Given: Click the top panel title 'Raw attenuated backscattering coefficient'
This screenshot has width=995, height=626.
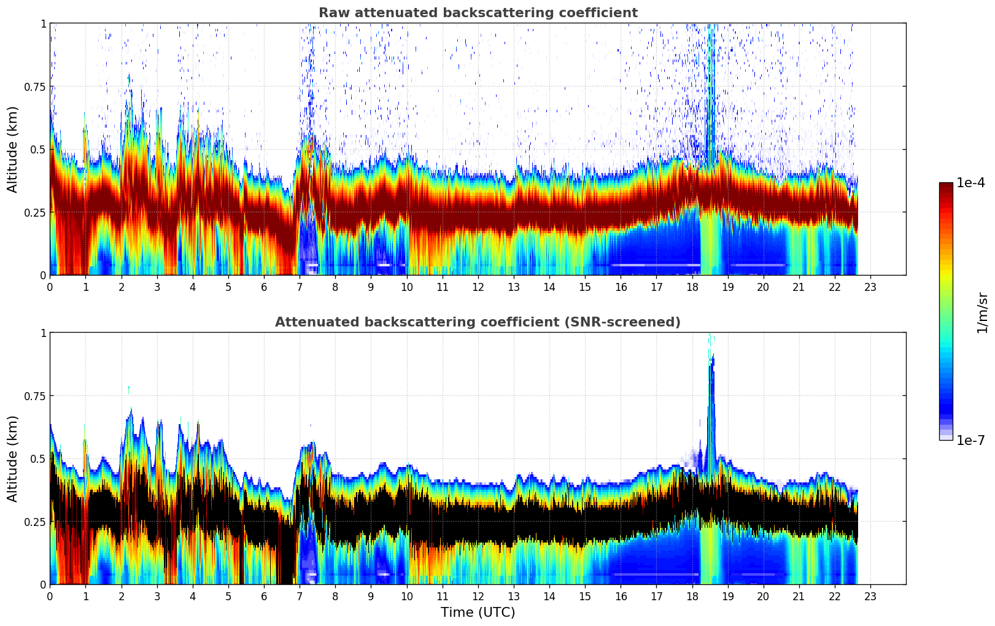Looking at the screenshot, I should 478,13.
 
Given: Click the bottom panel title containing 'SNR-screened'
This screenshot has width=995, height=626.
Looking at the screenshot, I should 478,322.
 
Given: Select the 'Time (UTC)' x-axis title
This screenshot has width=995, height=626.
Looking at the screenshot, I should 478,612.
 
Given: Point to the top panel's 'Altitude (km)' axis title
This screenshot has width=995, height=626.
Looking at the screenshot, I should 13,149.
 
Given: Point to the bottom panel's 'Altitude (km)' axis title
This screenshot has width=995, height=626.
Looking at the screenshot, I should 13,458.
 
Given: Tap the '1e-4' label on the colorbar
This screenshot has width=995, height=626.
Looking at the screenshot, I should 970,183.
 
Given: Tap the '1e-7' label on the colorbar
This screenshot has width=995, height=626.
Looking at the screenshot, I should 970,440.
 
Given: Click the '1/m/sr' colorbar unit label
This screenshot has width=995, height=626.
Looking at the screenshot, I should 982,312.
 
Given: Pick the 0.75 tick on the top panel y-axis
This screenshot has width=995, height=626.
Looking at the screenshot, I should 35,87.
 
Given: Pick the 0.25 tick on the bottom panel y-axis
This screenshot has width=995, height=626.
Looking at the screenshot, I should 35,522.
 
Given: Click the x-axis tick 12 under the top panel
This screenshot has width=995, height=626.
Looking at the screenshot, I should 478,287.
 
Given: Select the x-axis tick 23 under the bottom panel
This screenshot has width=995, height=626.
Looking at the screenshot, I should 870,596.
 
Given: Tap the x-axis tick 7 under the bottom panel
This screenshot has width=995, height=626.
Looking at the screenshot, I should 300,596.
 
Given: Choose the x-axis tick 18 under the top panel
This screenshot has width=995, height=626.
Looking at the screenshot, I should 692,287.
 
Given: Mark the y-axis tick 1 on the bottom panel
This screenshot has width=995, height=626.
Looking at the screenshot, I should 43,333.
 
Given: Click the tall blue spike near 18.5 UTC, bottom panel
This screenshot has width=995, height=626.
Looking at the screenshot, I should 711,393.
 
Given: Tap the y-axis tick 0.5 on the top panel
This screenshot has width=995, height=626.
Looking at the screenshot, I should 38,150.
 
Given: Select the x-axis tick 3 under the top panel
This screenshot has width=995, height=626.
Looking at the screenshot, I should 157,287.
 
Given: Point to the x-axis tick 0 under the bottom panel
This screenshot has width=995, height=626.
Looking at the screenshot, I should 50,596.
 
